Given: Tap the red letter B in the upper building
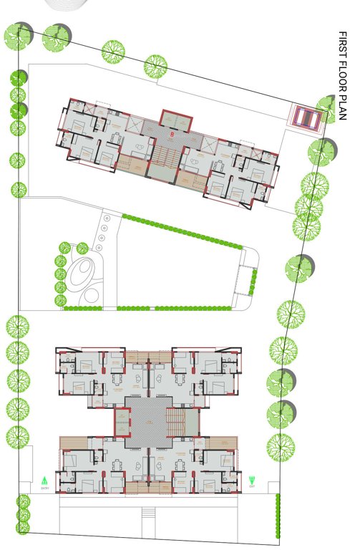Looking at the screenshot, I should click(x=172, y=134).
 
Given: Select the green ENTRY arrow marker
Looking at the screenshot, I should click(x=44, y=480).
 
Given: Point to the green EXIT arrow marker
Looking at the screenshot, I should click(x=252, y=480).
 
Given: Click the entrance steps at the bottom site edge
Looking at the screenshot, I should click(x=149, y=513).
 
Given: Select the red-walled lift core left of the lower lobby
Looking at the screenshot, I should click(x=123, y=423).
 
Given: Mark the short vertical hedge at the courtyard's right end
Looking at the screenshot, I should click(x=252, y=281).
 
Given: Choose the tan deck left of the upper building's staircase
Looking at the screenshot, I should click(x=132, y=164).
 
